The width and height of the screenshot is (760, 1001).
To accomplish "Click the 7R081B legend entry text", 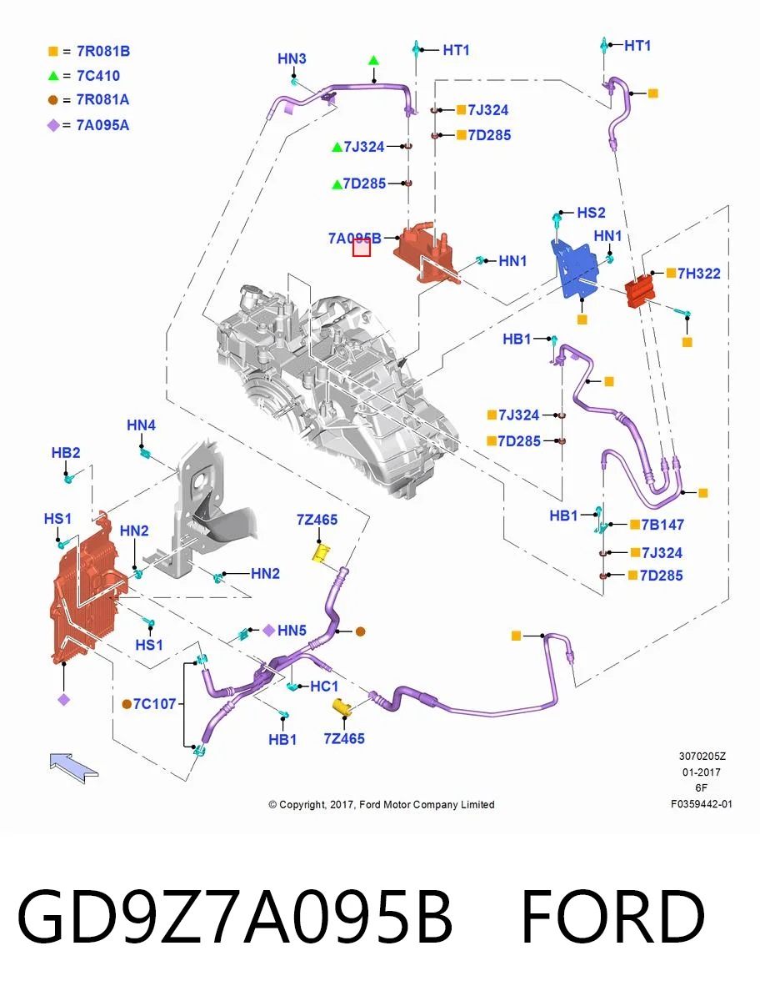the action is tap(103, 51).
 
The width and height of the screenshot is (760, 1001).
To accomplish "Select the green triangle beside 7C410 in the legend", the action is tap(53, 76).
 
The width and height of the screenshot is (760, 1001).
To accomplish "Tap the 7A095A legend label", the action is tap(102, 125).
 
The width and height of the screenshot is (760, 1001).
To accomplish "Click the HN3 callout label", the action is tap(292, 59).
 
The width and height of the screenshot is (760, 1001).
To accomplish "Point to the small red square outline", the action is tap(362, 248).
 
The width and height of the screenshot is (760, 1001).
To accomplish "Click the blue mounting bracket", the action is tap(574, 269).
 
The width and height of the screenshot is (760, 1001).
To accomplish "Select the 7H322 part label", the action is tap(699, 274).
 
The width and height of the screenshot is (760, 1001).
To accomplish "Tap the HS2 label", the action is tap(591, 213).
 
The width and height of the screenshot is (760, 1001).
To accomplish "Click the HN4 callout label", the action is tap(141, 425).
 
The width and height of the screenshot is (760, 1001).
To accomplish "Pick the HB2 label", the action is tap(66, 453).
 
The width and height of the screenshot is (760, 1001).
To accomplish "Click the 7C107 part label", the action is tap(154, 704).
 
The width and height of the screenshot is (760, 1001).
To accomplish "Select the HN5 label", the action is tap(292, 631).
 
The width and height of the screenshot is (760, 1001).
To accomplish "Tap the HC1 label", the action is tap(324, 687).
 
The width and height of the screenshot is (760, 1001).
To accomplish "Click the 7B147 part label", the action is tap(662, 525).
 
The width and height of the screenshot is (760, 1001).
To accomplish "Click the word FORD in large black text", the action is tap(612, 917).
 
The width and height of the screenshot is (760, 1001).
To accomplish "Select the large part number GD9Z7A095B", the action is tap(235, 917).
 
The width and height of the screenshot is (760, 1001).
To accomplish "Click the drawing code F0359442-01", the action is tap(702, 804).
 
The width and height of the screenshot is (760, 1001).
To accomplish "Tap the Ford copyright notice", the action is tap(382, 804).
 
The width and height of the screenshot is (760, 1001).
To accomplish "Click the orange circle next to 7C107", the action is tap(127, 705).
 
